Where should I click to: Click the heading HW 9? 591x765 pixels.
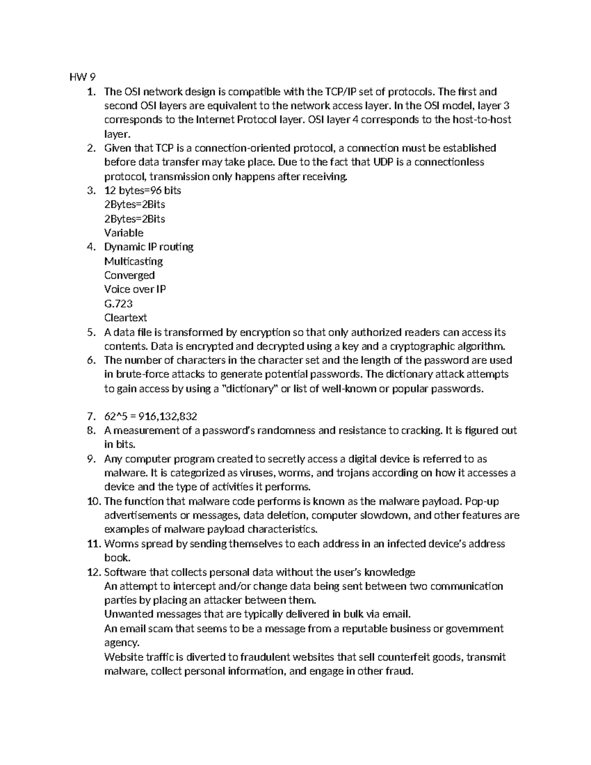(x=82, y=77)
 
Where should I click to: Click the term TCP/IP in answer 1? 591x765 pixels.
(x=339, y=92)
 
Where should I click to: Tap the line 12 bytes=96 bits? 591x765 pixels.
(x=143, y=190)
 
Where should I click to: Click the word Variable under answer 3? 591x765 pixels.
(x=124, y=233)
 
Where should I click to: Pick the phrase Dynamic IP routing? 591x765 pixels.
(x=149, y=247)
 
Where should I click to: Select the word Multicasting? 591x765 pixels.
(x=133, y=261)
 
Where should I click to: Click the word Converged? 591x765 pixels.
(x=130, y=275)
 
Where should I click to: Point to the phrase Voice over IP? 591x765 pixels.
(x=135, y=289)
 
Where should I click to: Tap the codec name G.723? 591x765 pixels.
(x=118, y=303)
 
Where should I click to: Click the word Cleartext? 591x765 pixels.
(x=126, y=318)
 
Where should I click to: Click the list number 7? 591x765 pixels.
(x=90, y=417)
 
